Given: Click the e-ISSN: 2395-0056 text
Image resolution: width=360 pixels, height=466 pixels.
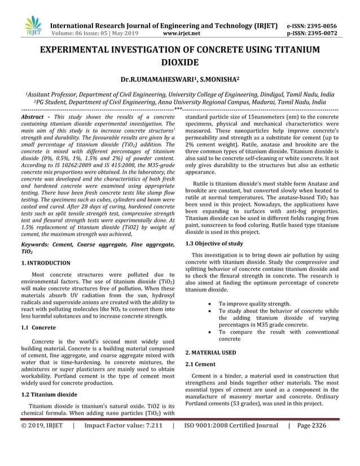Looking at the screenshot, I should pyautogui.click(x=312, y=25).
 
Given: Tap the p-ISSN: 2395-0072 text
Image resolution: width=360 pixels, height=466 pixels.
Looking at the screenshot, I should pyautogui.click(x=312, y=33).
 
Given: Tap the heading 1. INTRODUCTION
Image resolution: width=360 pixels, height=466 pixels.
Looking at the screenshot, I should pyautogui.click(x=46, y=263).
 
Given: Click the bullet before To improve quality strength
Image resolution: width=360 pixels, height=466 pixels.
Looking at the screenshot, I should pyautogui.click(x=210, y=304).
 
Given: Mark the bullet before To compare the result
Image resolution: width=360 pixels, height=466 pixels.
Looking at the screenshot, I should pyautogui.click(x=210, y=332).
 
